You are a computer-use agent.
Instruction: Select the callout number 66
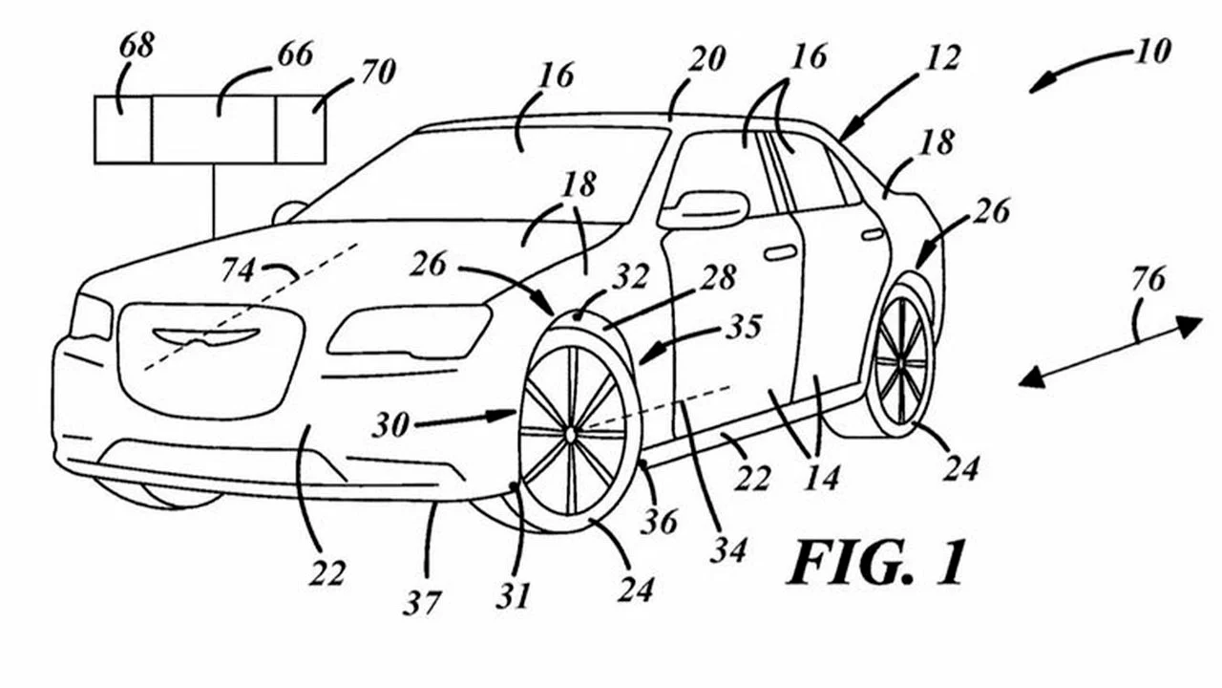pyautogui.click(x=293, y=55)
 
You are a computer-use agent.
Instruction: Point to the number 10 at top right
pyautogui.click(x=1151, y=51)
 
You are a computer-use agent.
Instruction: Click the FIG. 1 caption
pyautogui.click(x=875, y=562)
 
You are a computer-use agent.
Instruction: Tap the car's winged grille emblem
pyautogui.click(x=206, y=335)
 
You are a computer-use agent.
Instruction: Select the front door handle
pyautogui.click(x=780, y=252)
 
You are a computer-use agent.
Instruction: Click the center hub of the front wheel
pyautogui.click(x=570, y=434)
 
